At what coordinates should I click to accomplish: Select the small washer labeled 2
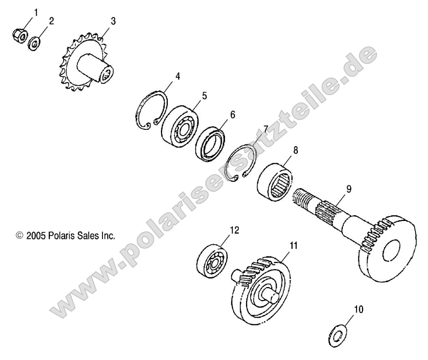[x=34, y=42]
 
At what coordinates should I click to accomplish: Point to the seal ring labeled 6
[x=211, y=143]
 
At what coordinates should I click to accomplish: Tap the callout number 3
[x=113, y=21]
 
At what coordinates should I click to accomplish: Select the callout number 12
[x=234, y=230]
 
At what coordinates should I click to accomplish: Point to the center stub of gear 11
[x=269, y=294]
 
